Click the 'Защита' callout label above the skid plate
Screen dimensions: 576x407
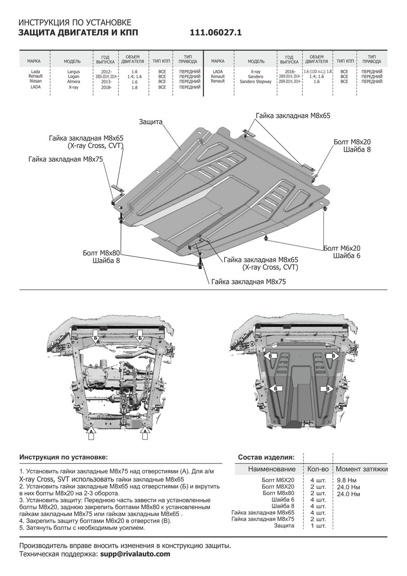(x=150, y=122)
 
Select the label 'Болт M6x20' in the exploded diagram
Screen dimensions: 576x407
(x=342, y=248)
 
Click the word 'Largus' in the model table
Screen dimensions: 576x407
(x=74, y=72)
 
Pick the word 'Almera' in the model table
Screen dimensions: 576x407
(x=74, y=82)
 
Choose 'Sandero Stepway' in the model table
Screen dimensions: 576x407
(x=255, y=82)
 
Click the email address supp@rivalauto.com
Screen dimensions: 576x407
(x=135, y=553)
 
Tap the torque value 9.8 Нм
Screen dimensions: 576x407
(x=346, y=480)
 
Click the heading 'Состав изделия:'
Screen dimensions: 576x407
(x=266, y=456)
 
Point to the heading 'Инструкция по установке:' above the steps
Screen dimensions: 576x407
(x=63, y=456)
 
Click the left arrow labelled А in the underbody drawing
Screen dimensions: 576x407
(x=90, y=433)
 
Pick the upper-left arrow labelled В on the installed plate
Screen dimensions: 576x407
(x=270, y=356)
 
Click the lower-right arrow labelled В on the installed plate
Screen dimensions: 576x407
(x=328, y=388)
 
